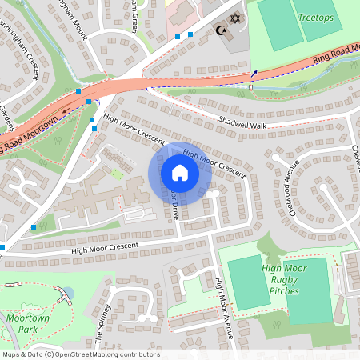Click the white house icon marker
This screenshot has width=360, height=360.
pos(180,172)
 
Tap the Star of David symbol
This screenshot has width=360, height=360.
pos(234,18)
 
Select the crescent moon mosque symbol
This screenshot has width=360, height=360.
pos(222,30)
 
